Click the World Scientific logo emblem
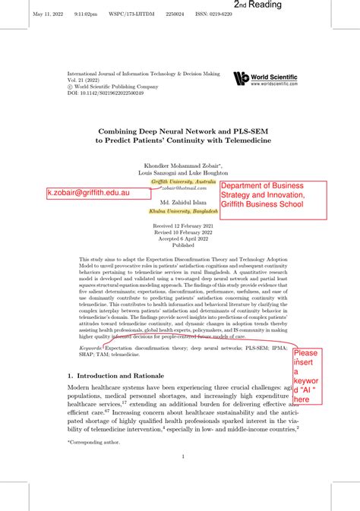click(242, 78)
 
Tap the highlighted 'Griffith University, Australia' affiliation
click(184, 182)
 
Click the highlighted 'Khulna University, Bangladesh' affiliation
click(184, 211)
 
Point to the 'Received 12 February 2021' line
click(184, 227)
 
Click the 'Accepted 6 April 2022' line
click(184, 239)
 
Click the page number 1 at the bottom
click(184, 456)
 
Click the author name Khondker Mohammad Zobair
click(182, 166)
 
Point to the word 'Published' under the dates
click(184, 245)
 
